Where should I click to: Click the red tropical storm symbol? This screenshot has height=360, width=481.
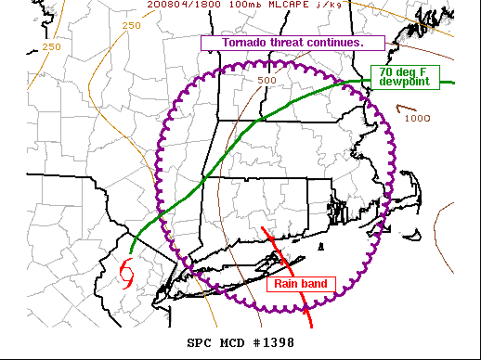125,274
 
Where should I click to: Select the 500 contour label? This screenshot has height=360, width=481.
267,80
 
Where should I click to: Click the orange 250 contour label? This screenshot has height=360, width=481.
131,25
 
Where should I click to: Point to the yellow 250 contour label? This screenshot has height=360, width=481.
51,46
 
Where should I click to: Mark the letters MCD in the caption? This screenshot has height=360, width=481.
232,343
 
